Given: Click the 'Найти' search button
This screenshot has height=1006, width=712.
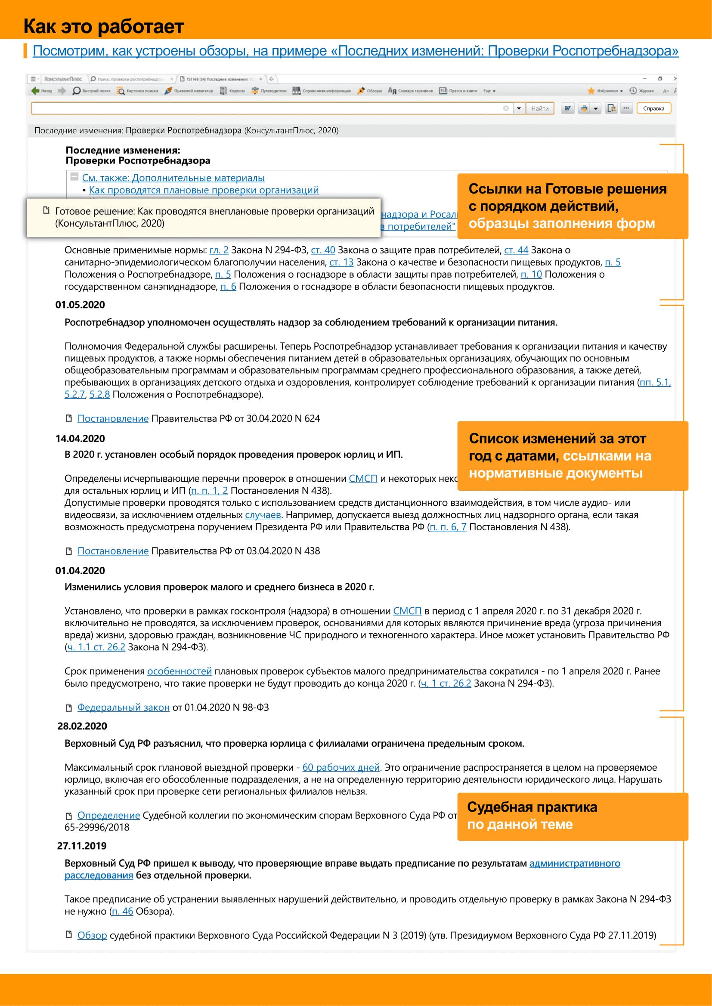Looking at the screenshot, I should point(540,108).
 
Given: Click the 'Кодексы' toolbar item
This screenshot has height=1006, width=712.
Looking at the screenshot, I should point(233,91).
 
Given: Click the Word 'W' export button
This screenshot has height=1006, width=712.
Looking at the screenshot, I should point(567,108).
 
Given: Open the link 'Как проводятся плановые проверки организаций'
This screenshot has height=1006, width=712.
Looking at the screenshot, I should point(204,190).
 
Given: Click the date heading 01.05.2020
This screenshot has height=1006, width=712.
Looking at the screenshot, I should point(80,305).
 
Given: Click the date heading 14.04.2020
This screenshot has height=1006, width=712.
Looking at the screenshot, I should point(80,439).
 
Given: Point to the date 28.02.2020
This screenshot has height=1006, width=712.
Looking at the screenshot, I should point(82,726).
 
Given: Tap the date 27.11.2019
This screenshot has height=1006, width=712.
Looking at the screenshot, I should point(81,846).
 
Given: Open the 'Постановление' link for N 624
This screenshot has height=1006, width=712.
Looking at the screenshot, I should point(113,418).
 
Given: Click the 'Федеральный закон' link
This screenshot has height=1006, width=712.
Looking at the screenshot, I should point(123,707).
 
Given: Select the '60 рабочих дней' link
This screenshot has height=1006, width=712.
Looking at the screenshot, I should point(341,767).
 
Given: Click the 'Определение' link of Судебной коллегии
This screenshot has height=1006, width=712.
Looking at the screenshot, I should point(108,815).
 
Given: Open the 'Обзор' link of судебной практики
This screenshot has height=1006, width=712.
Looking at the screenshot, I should point(92,935).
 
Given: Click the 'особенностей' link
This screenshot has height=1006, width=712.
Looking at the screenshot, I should point(179,671).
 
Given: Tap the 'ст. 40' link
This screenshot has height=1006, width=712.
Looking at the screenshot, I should point(323,250).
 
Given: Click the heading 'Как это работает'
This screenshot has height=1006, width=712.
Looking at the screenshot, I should point(103,26).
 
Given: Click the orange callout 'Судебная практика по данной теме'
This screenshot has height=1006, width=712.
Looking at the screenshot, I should point(572,816).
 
